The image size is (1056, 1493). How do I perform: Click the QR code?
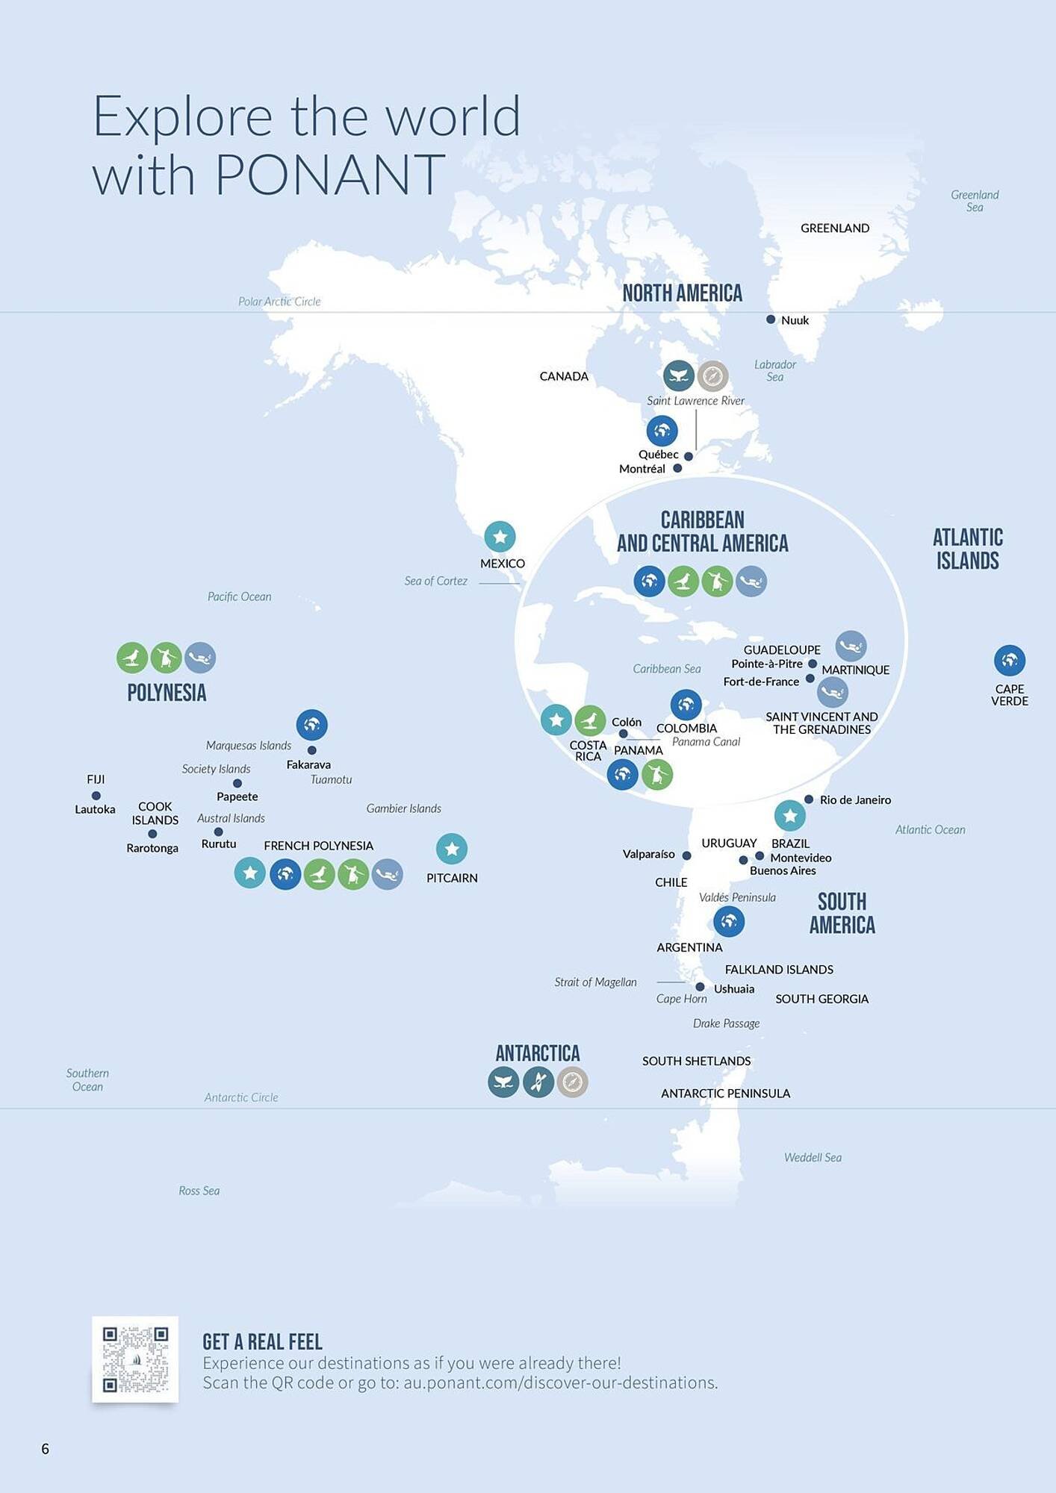coord(135,1359)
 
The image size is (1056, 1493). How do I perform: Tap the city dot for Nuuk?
coord(771,320)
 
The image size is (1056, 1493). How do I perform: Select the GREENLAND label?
coord(834,228)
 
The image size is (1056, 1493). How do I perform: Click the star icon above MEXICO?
coord(500,536)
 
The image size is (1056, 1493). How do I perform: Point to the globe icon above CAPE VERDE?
coord(1009,660)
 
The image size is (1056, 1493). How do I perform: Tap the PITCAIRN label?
coord(452,878)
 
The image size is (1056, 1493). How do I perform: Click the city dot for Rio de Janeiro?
coord(809,800)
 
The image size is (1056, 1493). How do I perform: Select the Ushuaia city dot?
coord(700,987)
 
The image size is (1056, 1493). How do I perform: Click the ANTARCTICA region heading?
coord(538,1053)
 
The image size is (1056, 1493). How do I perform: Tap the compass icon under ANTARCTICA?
coord(572,1082)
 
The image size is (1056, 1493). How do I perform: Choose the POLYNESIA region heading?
coord(167,693)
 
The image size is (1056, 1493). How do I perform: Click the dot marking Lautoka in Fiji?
coord(96,796)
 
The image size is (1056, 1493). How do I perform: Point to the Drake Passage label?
coord(726,1023)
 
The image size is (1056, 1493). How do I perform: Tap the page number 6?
coord(46,1449)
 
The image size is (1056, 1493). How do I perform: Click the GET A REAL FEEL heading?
coord(262,1341)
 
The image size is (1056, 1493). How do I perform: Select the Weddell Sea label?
coord(813,1158)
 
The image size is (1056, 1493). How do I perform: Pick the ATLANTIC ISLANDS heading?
coord(967,549)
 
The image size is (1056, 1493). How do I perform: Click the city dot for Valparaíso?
coord(687,855)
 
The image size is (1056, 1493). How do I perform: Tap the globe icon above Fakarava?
coord(311,724)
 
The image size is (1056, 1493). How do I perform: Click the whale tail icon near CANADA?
coord(678,375)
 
